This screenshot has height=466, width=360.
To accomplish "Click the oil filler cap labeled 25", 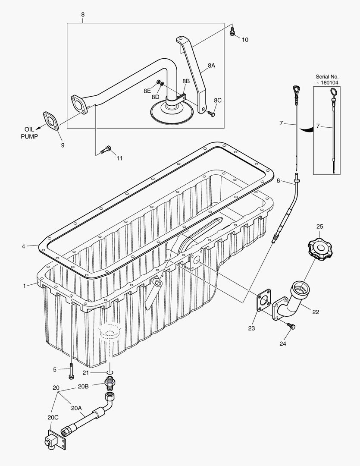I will click(x=320, y=249).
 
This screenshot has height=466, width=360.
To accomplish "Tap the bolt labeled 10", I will click(x=232, y=31).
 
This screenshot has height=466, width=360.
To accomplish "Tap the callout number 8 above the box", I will click(x=82, y=15).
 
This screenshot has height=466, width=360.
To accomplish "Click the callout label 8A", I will click(x=211, y=66).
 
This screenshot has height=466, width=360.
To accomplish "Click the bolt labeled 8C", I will click(x=210, y=113).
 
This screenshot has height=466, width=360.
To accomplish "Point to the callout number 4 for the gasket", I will click(x=23, y=246).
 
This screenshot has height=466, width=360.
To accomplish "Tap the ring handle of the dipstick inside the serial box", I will click(x=334, y=91).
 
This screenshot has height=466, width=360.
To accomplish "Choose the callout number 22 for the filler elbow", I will click(x=316, y=312).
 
